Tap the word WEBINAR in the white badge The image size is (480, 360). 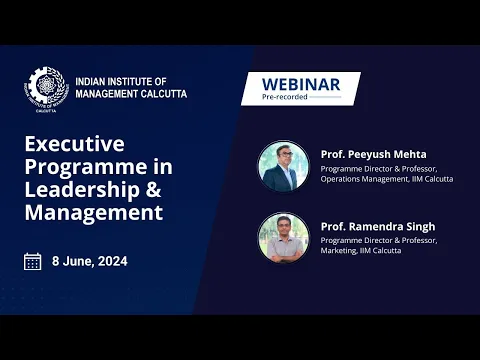(300, 84)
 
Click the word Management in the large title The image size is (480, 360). (93, 212)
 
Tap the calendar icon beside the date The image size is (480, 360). (32, 262)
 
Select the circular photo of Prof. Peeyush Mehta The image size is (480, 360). (282, 166)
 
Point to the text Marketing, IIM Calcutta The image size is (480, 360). (361, 251)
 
